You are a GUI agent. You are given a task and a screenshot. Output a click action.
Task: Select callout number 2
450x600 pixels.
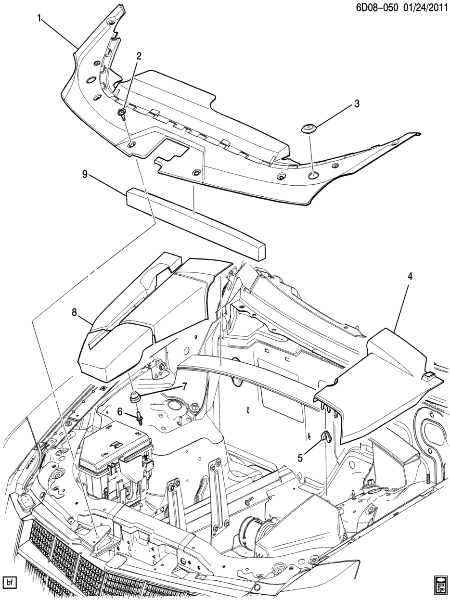pos(139,56)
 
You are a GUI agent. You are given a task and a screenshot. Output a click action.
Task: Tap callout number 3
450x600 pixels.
pos(357,103)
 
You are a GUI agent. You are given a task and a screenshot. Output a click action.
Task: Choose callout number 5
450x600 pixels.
pos(300,458)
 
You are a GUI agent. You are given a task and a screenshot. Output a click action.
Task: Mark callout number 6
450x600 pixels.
pos(119,411)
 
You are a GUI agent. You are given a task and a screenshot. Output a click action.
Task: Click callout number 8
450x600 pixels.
pos(74,312)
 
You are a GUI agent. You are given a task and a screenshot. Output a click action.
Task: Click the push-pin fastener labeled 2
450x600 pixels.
pos(123,114)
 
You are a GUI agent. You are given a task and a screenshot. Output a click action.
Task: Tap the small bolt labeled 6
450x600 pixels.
pos(139,417)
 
